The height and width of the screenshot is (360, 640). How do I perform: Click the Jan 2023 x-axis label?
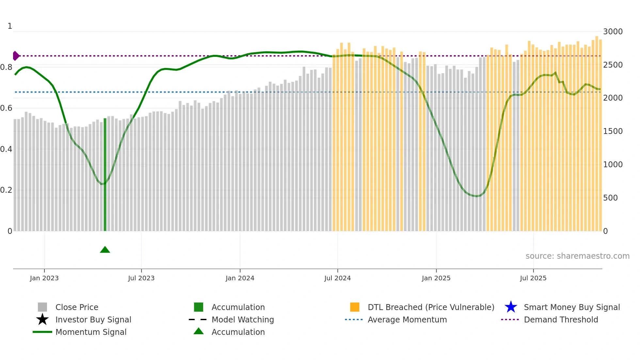click(44, 278)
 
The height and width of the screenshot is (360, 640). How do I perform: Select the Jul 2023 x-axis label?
click(141, 278)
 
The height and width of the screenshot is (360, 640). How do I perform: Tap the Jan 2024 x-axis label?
click(240, 278)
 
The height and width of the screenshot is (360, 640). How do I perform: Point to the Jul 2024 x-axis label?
click(337, 278)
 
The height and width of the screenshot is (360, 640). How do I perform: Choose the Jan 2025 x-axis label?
click(436, 278)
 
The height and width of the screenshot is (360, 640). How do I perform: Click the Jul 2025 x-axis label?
click(533, 278)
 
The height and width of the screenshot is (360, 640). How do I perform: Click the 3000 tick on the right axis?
click(613, 32)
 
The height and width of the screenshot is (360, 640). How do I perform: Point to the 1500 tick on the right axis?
click(613, 131)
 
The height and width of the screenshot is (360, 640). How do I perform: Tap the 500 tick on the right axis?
click(610, 198)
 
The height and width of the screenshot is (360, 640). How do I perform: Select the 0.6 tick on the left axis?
click(6, 108)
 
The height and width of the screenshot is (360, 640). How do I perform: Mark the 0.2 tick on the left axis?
click(6, 190)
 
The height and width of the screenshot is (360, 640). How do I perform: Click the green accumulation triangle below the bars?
click(105, 250)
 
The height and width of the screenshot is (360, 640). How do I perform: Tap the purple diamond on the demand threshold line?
click(16, 56)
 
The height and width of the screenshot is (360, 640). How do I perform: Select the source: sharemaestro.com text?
click(577, 256)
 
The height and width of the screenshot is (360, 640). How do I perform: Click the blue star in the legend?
click(511, 307)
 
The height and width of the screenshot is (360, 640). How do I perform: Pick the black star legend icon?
click(42, 319)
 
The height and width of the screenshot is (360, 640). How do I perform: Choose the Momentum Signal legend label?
click(91, 332)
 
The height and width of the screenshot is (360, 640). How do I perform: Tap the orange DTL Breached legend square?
click(355, 307)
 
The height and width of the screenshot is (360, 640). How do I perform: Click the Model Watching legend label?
click(243, 319)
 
